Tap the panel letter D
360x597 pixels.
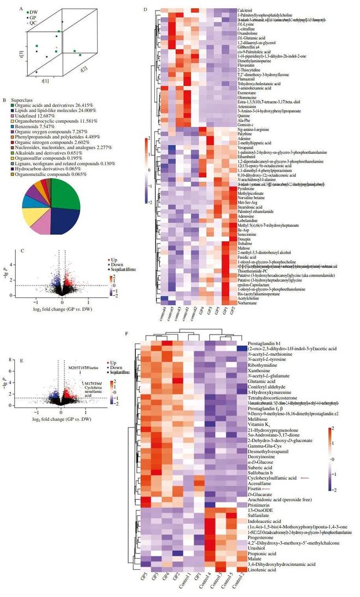click(129, 9)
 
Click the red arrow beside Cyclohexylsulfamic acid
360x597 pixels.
click(305, 477)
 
